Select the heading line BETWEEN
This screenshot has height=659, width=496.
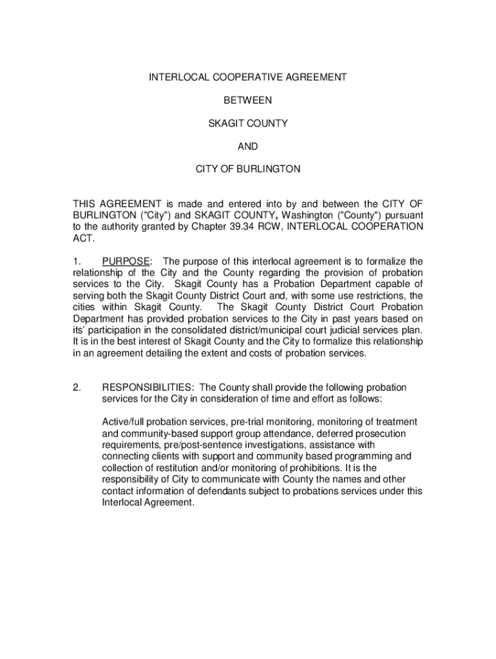[x=248, y=100]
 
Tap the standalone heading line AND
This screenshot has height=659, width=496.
[x=248, y=146]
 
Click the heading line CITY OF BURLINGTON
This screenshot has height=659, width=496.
[x=248, y=169]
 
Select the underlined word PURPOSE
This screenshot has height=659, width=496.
[x=126, y=261]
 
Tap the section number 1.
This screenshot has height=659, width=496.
[x=76, y=261]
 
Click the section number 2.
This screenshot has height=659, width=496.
[x=76, y=387]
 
